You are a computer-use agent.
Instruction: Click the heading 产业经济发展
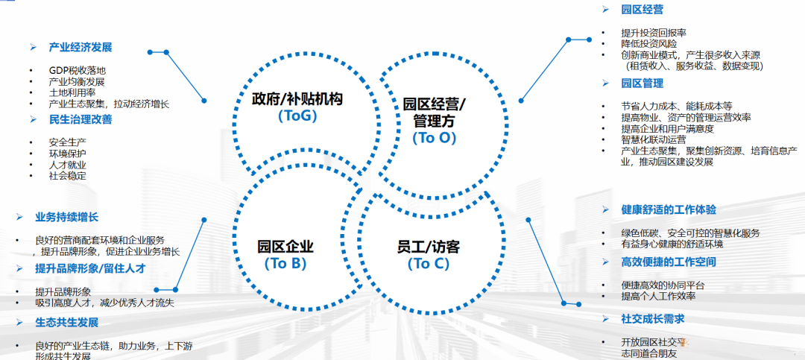(x=80, y=48)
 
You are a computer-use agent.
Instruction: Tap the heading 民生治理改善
(x=80, y=119)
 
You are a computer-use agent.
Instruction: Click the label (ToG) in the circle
(x=297, y=116)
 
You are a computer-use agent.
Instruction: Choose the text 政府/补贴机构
(x=297, y=98)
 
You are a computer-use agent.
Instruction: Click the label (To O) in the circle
(x=434, y=137)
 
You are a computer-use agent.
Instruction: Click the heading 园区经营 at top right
(x=642, y=10)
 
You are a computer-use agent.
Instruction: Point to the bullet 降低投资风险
(x=649, y=44)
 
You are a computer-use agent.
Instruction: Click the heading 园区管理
(x=642, y=83)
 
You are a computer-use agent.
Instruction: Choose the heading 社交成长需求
(x=653, y=319)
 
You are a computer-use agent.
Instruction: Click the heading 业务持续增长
(x=66, y=217)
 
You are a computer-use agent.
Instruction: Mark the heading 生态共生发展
(x=66, y=323)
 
